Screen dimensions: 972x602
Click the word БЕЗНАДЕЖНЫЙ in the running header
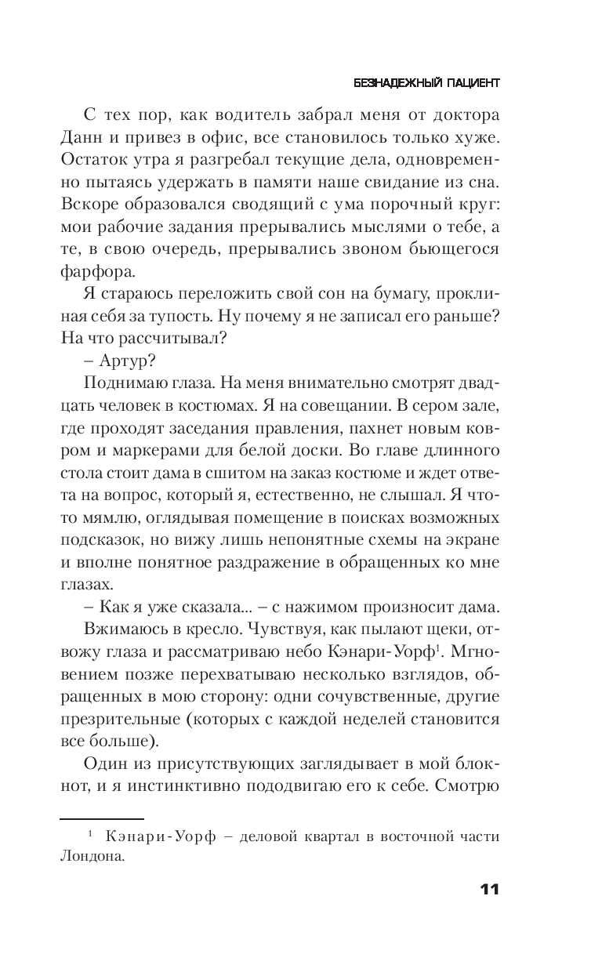coord(393,82)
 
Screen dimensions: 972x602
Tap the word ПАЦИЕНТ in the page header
coord(469,82)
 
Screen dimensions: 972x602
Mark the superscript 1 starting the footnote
coord(90,835)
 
